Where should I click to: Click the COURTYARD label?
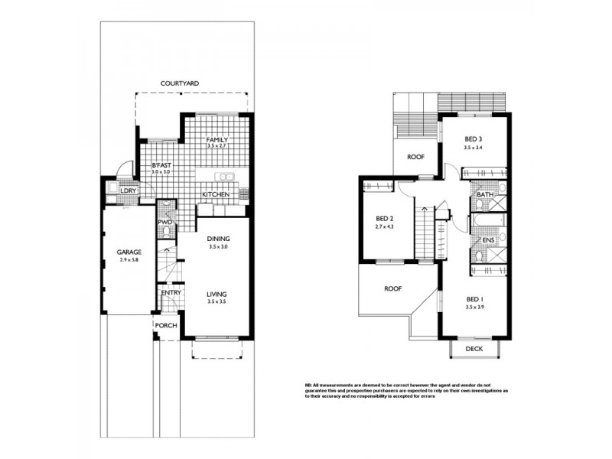(x=180, y=83)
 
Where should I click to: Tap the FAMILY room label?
(x=217, y=140)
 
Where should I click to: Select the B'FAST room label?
(x=161, y=165)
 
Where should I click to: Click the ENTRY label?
(x=170, y=292)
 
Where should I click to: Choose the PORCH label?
(x=166, y=325)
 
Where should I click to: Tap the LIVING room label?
(x=216, y=294)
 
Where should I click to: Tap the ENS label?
(x=487, y=240)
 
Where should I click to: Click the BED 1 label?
(x=475, y=299)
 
